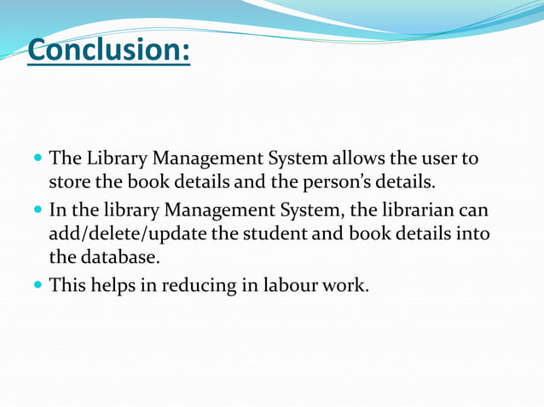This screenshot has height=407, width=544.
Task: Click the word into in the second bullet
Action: tap(474, 233)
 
